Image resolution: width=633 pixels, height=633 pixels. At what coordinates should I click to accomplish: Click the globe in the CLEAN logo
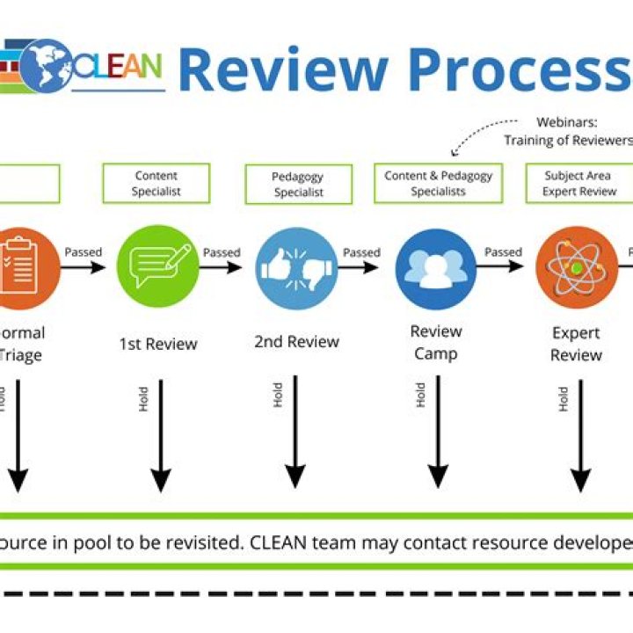click(x=46, y=65)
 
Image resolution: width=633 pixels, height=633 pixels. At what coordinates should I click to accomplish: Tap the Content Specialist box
click(x=156, y=183)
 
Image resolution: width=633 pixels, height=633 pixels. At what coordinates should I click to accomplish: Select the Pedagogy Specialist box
click(x=298, y=185)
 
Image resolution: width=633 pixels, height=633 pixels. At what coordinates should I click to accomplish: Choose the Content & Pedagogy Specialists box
click(x=438, y=183)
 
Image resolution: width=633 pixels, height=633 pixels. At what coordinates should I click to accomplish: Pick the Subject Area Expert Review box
click(x=578, y=183)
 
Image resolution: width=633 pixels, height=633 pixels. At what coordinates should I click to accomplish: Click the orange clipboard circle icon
click(x=18, y=261)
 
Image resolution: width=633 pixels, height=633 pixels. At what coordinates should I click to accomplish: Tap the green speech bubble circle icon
click(x=158, y=261)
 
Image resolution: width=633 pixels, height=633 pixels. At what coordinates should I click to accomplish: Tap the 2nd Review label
click(x=296, y=341)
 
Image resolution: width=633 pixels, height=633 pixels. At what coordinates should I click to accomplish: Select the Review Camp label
click(x=436, y=342)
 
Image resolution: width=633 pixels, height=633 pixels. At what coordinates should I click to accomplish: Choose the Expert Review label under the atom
click(x=576, y=344)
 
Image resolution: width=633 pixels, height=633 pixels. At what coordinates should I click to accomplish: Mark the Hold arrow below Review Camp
click(x=437, y=431)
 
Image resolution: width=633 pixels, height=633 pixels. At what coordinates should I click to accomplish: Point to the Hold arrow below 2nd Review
click(x=295, y=431)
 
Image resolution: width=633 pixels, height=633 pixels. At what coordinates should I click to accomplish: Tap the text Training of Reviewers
click(x=568, y=141)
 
